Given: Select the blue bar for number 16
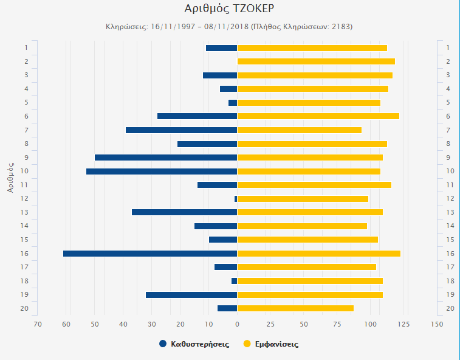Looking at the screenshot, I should click(x=150, y=254).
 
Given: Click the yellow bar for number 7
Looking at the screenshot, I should click(x=299, y=130).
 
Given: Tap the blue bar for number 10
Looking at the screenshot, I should click(x=162, y=171).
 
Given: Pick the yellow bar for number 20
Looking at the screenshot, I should click(x=295, y=308).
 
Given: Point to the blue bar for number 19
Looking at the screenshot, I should click(x=191, y=295).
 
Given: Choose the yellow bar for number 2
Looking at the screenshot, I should click(x=316, y=61).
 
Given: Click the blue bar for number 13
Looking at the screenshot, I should click(x=184, y=212).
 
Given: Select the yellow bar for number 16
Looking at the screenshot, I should click(x=318, y=254).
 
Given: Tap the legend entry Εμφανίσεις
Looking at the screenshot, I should click(x=276, y=344).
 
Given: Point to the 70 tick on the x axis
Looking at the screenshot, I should click(x=38, y=324).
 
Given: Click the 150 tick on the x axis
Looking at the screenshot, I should click(x=436, y=324).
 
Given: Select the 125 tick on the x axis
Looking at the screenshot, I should click(x=403, y=324).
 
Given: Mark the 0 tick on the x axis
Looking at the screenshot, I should click(x=237, y=324).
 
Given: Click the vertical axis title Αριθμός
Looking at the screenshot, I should click(x=10, y=177).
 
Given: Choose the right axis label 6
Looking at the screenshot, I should click(x=448, y=116).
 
